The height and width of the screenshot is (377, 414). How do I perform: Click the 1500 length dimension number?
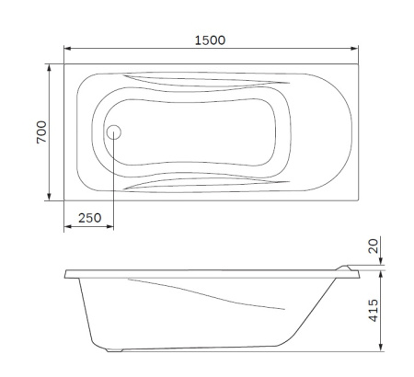(x=210, y=40)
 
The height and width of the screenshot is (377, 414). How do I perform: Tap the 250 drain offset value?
(x=88, y=219)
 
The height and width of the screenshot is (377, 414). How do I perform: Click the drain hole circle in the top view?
(x=114, y=132)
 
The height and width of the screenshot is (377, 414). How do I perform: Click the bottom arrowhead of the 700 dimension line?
(x=48, y=198)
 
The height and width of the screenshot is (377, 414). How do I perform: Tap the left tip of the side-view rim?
(x=66, y=274)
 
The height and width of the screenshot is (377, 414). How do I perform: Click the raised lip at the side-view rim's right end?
(x=350, y=269)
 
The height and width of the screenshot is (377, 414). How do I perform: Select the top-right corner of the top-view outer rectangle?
(x=356, y=64)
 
